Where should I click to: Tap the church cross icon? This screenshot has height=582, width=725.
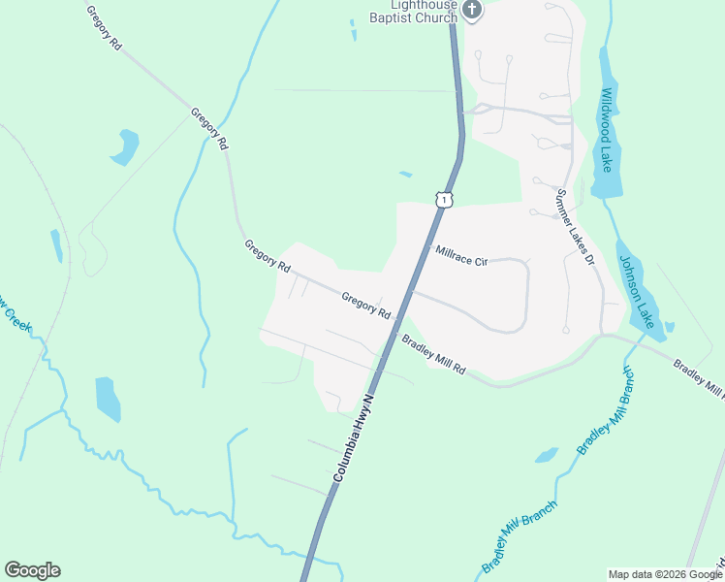pyautogui.click(x=472, y=10)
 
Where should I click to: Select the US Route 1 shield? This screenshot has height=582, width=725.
pyautogui.click(x=443, y=199)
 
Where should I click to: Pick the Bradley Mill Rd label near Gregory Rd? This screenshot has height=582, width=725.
pyautogui.click(x=434, y=356)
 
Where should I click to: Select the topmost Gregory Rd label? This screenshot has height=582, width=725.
pyautogui.click(x=104, y=29)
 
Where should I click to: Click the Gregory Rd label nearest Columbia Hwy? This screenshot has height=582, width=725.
pyautogui.click(x=365, y=307)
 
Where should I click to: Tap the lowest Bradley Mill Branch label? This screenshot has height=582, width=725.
pyautogui.click(x=520, y=536)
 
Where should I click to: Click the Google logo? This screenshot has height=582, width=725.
pyautogui.click(x=32, y=570)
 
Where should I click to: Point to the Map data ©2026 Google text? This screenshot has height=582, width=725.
pyautogui.click(x=665, y=574)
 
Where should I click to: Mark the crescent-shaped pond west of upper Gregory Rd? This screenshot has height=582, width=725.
pyautogui.click(x=124, y=148)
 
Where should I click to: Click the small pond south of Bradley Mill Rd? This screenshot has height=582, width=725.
pyautogui.click(x=547, y=455)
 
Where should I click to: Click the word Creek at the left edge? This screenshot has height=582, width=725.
pyautogui.click(x=17, y=318)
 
